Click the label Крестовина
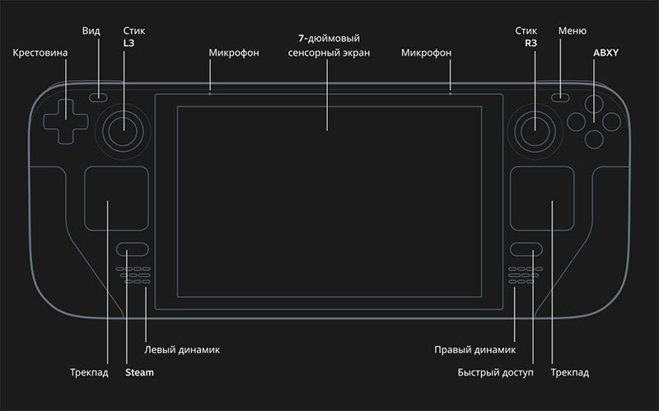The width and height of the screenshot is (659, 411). pyautogui.click(x=40, y=53)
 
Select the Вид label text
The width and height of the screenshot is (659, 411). pyautogui.click(x=91, y=31)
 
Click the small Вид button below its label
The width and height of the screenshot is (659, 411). pyautogui.click(x=98, y=97)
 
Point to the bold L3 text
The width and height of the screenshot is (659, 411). pyautogui.click(x=129, y=43)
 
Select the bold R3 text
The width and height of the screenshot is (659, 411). pyautogui.click(x=530, y=43)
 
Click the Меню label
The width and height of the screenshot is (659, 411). pyautogui.click(x=572, y=31)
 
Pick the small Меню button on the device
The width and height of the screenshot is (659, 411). pyautogui.click(x=560, y=97)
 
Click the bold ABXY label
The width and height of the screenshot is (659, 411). pyautogui.click(x=605, y=53)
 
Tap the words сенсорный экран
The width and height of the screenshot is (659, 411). pyautogui.click(x=329, y=53)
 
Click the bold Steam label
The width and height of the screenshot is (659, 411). pyautogui.click(x=139, y=372)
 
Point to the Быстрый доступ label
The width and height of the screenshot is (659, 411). pyautogui.click(x=496, y=373)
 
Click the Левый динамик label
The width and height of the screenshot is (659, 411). pyautogui.click(x=182, y=350)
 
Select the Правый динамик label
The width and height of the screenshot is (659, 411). pyautogui.click(x=475, y=350)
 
